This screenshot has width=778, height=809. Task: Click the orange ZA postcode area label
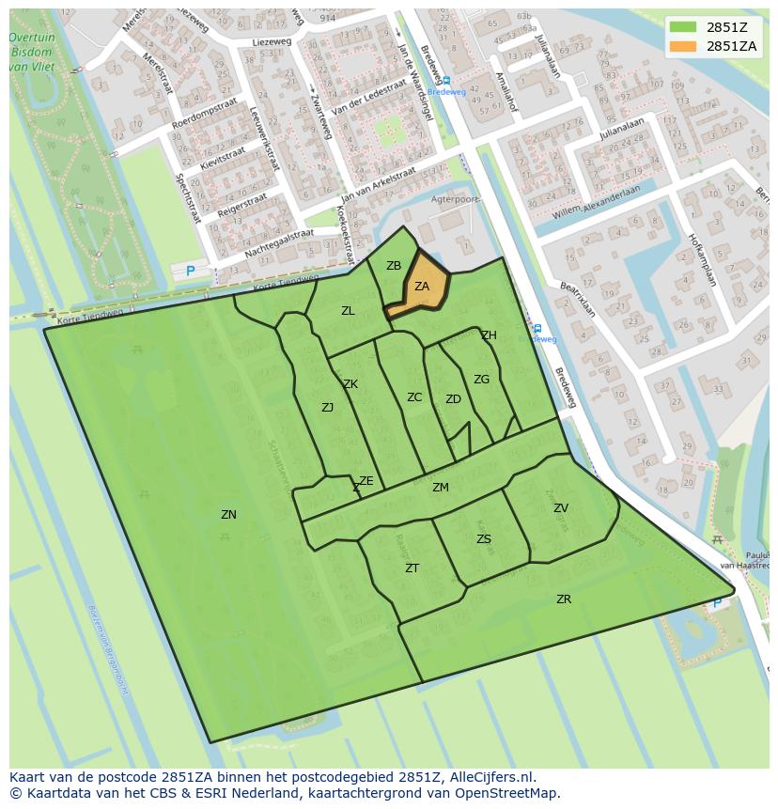422,287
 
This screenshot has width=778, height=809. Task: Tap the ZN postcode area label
228,515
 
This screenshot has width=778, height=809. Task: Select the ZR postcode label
564,599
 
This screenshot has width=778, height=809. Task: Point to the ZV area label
561,508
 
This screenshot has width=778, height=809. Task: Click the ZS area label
484,539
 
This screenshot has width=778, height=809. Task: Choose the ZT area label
412,568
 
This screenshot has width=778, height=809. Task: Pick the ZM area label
441,488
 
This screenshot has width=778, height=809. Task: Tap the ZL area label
348,311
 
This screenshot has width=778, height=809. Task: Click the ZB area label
394,266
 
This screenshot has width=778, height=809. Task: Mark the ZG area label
482,380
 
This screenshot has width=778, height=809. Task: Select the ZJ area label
327,408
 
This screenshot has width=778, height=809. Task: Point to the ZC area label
414,397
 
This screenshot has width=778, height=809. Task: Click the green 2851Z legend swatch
684,26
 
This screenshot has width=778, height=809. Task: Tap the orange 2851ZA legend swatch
684,46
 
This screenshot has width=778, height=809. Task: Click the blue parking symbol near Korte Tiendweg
191,272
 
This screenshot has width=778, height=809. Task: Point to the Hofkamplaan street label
702,259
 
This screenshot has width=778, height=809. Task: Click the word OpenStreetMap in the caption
506,793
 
